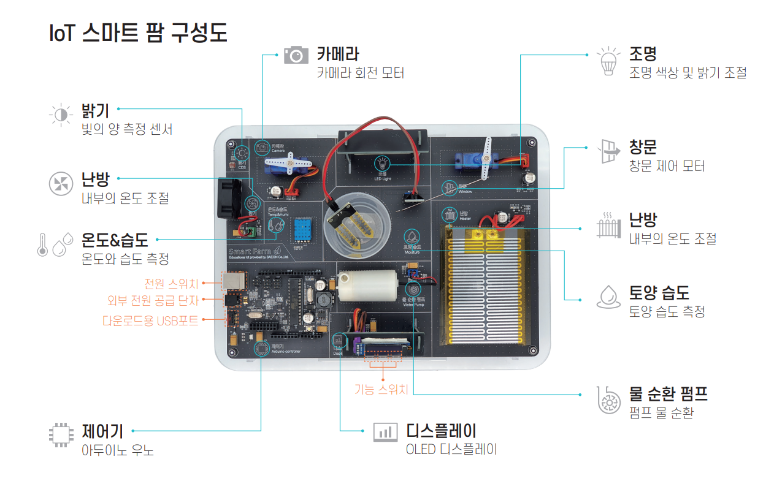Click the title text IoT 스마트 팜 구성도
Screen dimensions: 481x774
click(138, 33)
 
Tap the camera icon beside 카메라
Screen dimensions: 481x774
click(296, 55)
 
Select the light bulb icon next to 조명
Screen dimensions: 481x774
click(608, 61)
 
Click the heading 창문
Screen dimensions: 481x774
click(643, 147)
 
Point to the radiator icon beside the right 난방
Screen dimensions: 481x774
click(608, 227)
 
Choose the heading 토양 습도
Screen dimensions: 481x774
click(659, 292)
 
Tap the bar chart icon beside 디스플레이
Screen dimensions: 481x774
click(385, 431)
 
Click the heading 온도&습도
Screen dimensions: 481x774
click(115, 240)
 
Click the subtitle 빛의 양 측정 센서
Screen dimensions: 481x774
click(127, 129)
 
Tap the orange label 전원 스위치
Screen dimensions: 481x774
click(171, 284)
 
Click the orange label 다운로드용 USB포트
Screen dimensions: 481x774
click(150, 320)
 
